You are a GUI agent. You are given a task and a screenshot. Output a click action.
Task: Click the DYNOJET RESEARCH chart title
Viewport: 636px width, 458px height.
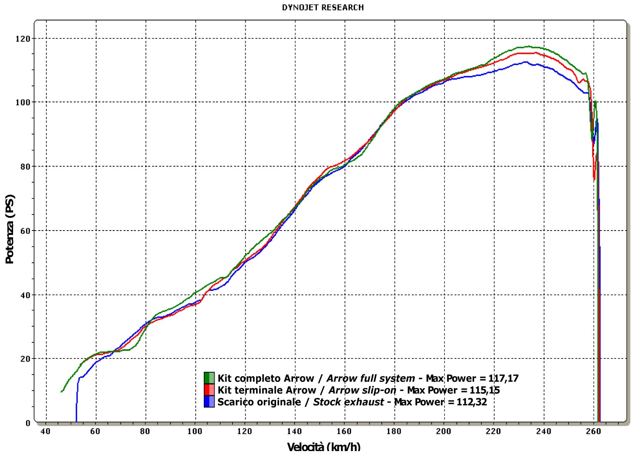point(323,7)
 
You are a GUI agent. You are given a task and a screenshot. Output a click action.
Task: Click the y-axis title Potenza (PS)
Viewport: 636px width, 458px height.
point(10,229)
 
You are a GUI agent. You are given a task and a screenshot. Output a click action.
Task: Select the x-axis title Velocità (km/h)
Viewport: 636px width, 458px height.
point(323,446)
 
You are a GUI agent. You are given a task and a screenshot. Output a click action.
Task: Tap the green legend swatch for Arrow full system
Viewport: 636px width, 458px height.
point(209,378)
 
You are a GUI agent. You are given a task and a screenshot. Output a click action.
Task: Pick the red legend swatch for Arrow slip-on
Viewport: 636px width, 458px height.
point(209,390)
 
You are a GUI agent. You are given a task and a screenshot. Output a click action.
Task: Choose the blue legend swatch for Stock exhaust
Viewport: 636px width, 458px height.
point(209,402)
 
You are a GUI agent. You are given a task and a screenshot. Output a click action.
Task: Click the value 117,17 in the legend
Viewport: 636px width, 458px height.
point(503,378)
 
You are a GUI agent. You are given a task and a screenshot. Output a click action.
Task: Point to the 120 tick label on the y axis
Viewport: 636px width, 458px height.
point(23,39)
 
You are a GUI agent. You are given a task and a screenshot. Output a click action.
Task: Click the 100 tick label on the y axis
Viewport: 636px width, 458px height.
point(23,103)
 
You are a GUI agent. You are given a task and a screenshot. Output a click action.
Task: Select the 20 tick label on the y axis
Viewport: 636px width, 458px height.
point(25,359)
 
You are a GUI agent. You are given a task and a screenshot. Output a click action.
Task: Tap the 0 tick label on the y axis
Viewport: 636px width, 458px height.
point(28,423)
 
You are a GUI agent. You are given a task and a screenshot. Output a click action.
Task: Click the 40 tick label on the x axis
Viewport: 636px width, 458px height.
point(45,431)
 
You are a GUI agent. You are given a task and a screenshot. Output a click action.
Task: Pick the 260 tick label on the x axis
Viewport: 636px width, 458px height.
point(593,431)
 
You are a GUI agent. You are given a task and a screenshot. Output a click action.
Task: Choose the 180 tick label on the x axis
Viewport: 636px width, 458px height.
point(394,431)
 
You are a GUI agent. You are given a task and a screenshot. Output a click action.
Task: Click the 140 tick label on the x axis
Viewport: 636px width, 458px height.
point(294,431)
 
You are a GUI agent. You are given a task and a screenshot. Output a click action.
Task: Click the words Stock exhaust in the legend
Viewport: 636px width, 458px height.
point(348,402)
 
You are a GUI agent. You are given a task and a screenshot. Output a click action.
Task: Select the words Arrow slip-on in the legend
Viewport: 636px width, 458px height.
point(362,390)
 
